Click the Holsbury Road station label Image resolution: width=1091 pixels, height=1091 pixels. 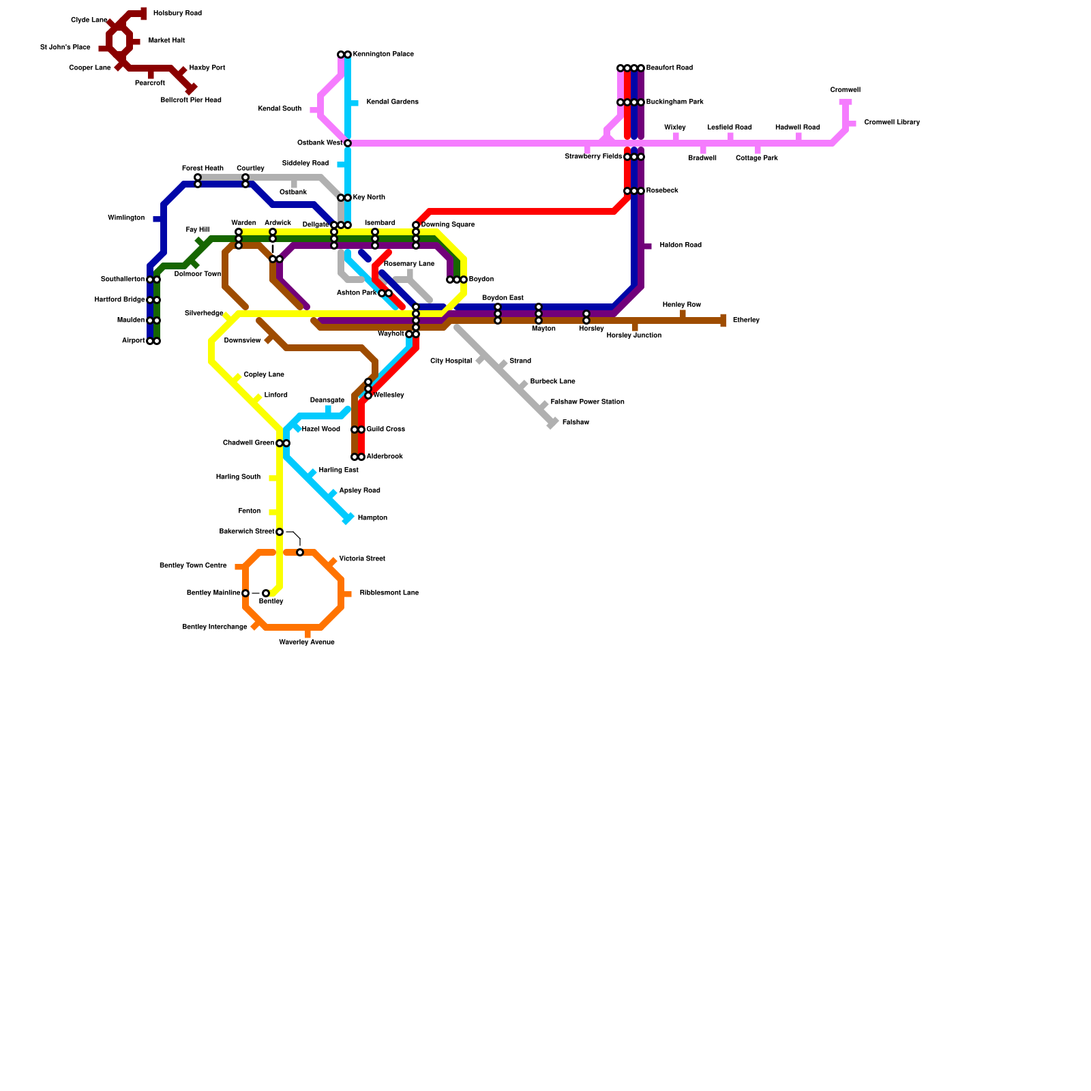click(x=177, y=14)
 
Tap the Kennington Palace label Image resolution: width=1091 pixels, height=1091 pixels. click(x=383, y=55)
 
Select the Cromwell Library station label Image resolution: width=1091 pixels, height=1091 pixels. click(x=892, y=123)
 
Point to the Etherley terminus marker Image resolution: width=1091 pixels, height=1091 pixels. click(x=723, y=320)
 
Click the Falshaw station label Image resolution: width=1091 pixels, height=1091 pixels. click(x=576, y=423)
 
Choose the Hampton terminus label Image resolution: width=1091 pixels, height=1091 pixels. click(x=372, y=518)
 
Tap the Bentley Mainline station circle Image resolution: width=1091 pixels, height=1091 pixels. click(x=245, y=593)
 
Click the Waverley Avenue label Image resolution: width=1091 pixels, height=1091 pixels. click(x=307, y=642)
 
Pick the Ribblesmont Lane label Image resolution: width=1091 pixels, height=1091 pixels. click(x=389, y=593)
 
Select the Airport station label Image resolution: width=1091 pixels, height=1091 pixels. click(x=133, y=341)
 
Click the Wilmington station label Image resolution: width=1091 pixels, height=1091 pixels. click(x=126, y=218)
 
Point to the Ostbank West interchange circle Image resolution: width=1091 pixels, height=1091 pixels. click(x=348, y=143)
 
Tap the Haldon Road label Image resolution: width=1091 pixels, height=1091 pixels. click(x=681, y=245)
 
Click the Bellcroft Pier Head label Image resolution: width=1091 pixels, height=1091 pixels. click(x=191, y=100)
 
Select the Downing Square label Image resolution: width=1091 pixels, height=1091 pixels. click(x=448, y=225)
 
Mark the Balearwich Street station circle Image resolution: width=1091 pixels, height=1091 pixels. click(x=280, y=532)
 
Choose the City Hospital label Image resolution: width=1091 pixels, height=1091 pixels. click(x=451, y=361)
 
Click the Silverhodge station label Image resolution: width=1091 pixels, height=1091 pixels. click(x=204, y=314)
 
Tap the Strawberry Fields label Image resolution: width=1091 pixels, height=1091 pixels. click(x=593, y=157)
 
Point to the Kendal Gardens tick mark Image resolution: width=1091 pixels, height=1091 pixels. click(x=354, y=103)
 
